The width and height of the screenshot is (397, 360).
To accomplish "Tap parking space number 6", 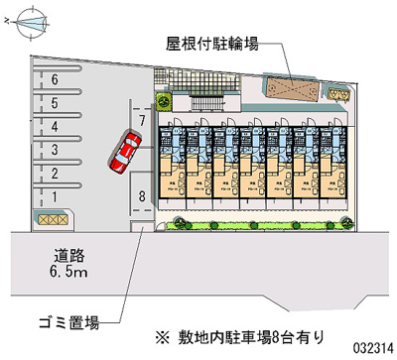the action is (x=57, y=78).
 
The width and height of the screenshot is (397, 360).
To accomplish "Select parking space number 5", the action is (x=57, y=102).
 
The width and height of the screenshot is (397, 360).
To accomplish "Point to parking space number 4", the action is (x=57, y=126).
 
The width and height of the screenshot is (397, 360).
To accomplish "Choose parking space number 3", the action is (x=57, y=149).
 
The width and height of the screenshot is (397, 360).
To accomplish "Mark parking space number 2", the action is (x=57, y=173).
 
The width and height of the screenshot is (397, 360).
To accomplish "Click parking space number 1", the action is (x=57, y=195).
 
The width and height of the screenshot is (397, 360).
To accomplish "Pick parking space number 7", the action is (x=143, y=120).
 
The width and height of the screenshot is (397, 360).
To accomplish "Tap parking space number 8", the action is (x=143, y=195).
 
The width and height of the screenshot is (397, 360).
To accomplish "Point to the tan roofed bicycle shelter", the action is (x=290, y=90).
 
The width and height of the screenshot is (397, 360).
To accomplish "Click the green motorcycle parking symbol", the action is (x=166, y=99).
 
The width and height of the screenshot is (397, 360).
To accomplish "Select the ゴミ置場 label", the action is (x=70, y=324).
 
